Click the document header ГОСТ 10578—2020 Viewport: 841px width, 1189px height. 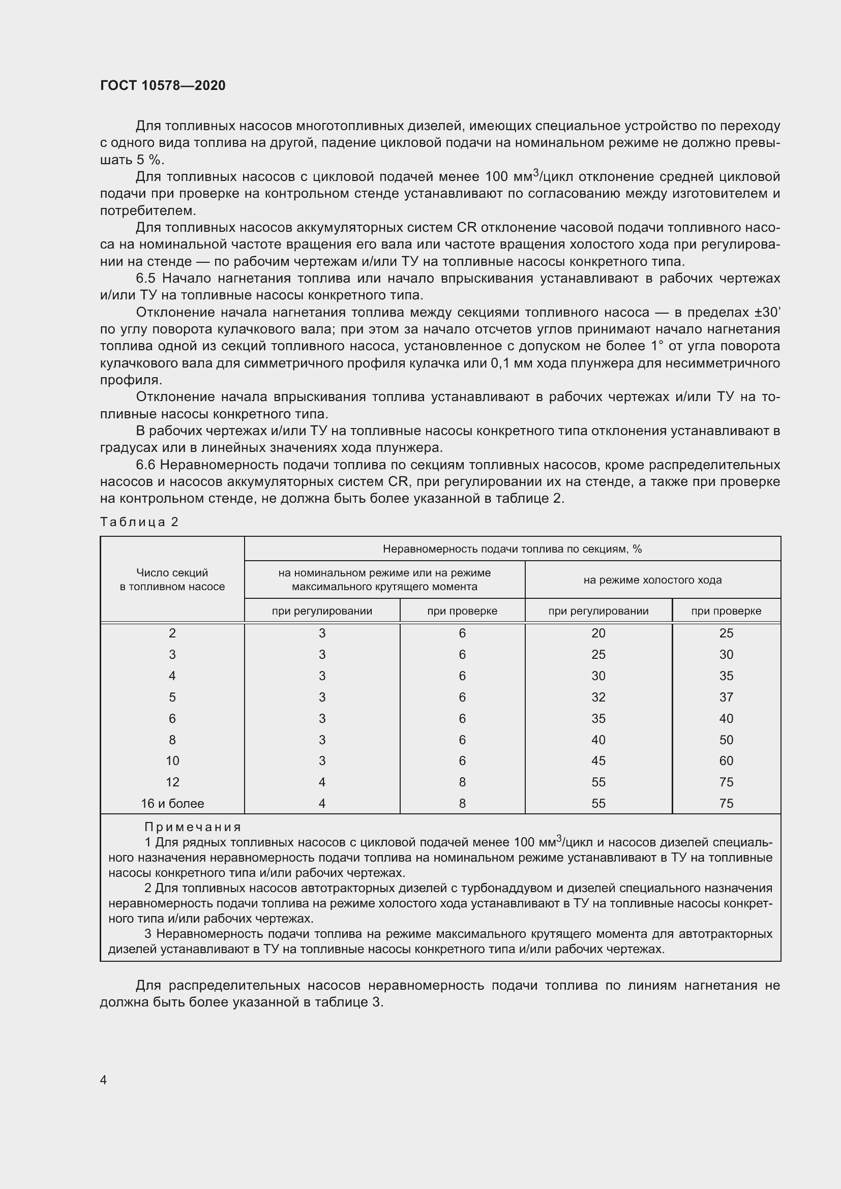[163, 85]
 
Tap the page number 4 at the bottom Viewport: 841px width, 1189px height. [104, 1079]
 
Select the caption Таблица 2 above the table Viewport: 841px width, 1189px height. [139, 522]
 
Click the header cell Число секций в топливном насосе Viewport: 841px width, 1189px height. [172, 580]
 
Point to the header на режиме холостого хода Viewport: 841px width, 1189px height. [652, 580]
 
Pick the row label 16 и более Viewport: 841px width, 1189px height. [172, 803]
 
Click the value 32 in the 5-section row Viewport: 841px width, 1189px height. [598, 697]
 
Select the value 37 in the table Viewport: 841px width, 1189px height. [726, 697]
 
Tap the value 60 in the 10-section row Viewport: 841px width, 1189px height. [726, 761]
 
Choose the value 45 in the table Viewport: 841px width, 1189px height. [598, 761]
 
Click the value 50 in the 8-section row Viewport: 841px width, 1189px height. [726, 740]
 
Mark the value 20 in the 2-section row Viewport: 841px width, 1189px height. [598, 633]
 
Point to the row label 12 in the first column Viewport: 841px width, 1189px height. [172, 782]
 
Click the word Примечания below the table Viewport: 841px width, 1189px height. [193, 827]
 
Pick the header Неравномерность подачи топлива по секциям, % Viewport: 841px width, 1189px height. [512, 549]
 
